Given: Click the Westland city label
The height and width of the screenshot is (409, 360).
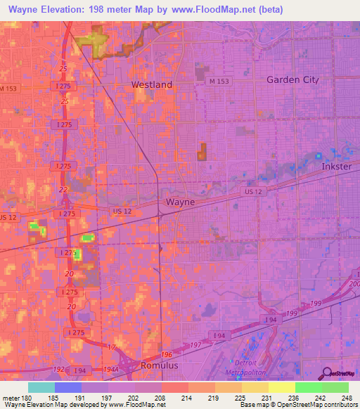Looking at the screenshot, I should tap(152, 84).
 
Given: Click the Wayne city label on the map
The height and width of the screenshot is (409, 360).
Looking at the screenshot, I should tap(180, 202).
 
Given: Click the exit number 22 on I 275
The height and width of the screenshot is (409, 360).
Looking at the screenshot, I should tap(64, 190).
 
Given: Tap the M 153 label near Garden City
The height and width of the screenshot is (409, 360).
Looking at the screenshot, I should tap(219, 82).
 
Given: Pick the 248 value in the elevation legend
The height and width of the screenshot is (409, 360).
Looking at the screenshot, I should tap(347, 398).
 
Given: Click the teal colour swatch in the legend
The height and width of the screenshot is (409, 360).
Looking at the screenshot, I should tap(41, 387).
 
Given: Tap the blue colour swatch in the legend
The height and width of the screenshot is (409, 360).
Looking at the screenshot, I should tap(68, 387).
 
